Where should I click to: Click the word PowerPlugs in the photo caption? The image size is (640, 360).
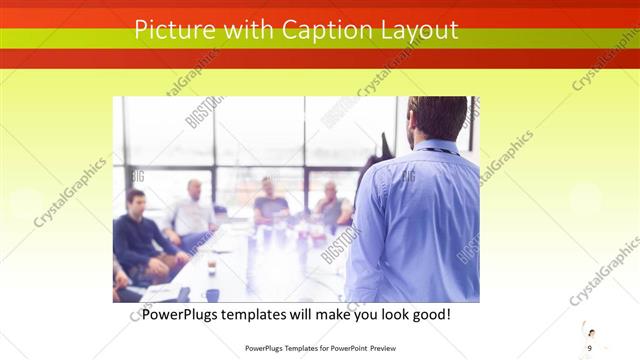pyautogui.click(x=183, y=314)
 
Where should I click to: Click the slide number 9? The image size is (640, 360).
pyautogui.click(x=590, y=347)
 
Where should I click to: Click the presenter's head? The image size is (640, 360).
pyautogui.click(x=437, y=117)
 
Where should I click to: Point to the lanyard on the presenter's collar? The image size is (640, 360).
pyautogui.click(x=437, y=149)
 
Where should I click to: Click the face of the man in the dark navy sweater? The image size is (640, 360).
pyautogui.click(x=136, y=201)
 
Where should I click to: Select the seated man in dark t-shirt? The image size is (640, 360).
pyautogui.click(x=269, y=203)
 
